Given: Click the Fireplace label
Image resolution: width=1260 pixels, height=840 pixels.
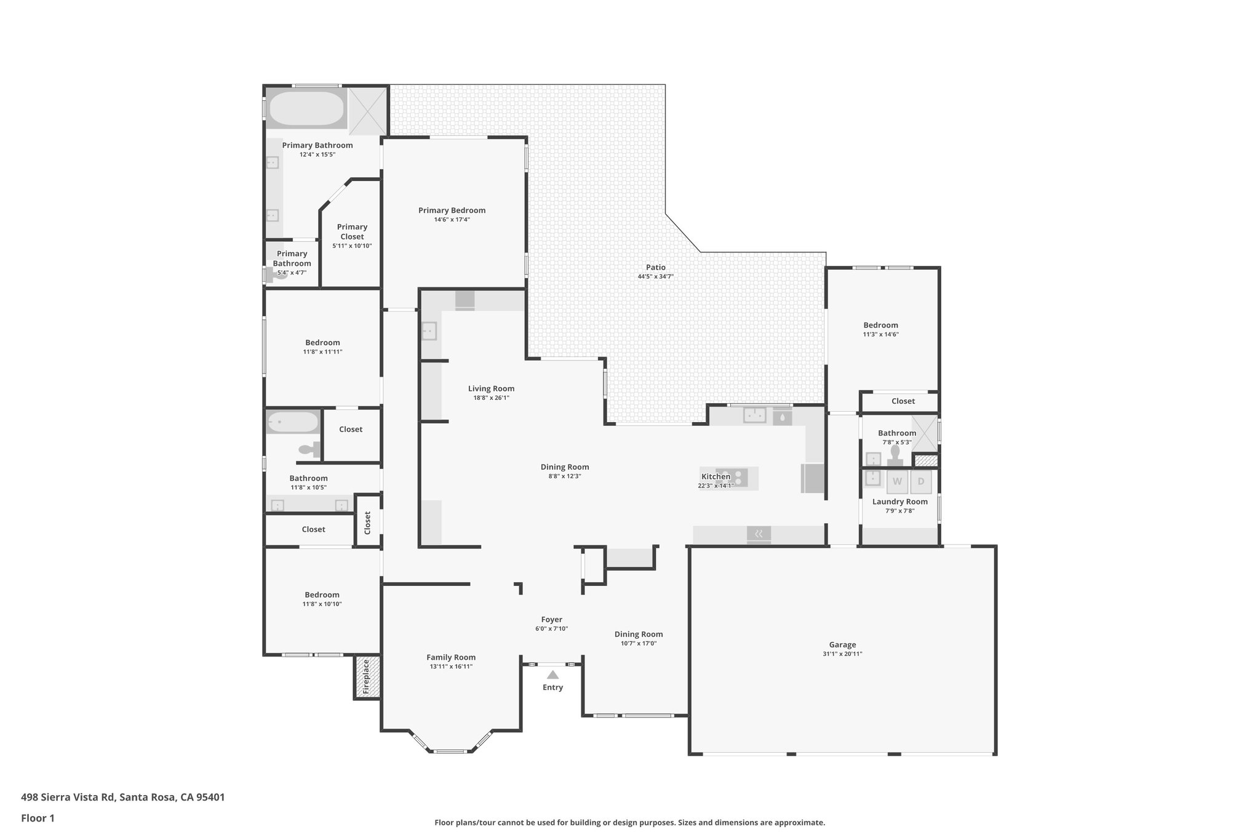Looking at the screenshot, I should pos(366,677).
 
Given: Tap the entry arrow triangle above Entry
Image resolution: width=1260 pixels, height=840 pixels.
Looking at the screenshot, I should pos(552,674).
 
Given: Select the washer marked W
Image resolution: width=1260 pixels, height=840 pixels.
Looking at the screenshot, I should pos(897,481).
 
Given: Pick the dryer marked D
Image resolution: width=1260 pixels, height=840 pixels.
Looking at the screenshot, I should pos(921,481).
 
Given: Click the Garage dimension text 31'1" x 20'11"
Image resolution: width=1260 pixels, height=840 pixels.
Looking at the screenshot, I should pos(842,654).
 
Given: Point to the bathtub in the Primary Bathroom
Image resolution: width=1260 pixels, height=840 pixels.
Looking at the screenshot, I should pos(306,108).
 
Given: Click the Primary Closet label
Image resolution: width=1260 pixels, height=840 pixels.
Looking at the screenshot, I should pos(352,231).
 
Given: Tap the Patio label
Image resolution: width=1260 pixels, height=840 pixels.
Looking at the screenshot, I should pos(655,267).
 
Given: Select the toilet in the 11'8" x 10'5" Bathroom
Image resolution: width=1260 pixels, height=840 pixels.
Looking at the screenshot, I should pos(311,450).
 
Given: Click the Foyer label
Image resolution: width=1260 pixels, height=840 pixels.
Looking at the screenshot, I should pos(551,620).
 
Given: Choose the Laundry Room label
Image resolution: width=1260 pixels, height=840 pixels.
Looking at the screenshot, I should pos(899,502).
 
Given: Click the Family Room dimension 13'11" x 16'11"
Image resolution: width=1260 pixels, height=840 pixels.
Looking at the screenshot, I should pos(451,666).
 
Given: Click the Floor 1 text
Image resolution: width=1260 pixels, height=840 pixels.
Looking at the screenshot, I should pos(38,818).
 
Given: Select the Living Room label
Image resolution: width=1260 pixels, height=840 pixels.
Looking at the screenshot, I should pos(491,388).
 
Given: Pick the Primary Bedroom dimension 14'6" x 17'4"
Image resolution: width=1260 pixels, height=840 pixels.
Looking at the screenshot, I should pos(452,220).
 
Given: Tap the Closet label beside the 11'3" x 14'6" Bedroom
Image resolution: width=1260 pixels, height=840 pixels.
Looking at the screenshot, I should pos(903,401).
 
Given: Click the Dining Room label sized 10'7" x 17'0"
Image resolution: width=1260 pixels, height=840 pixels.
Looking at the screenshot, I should pos(638,634).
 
